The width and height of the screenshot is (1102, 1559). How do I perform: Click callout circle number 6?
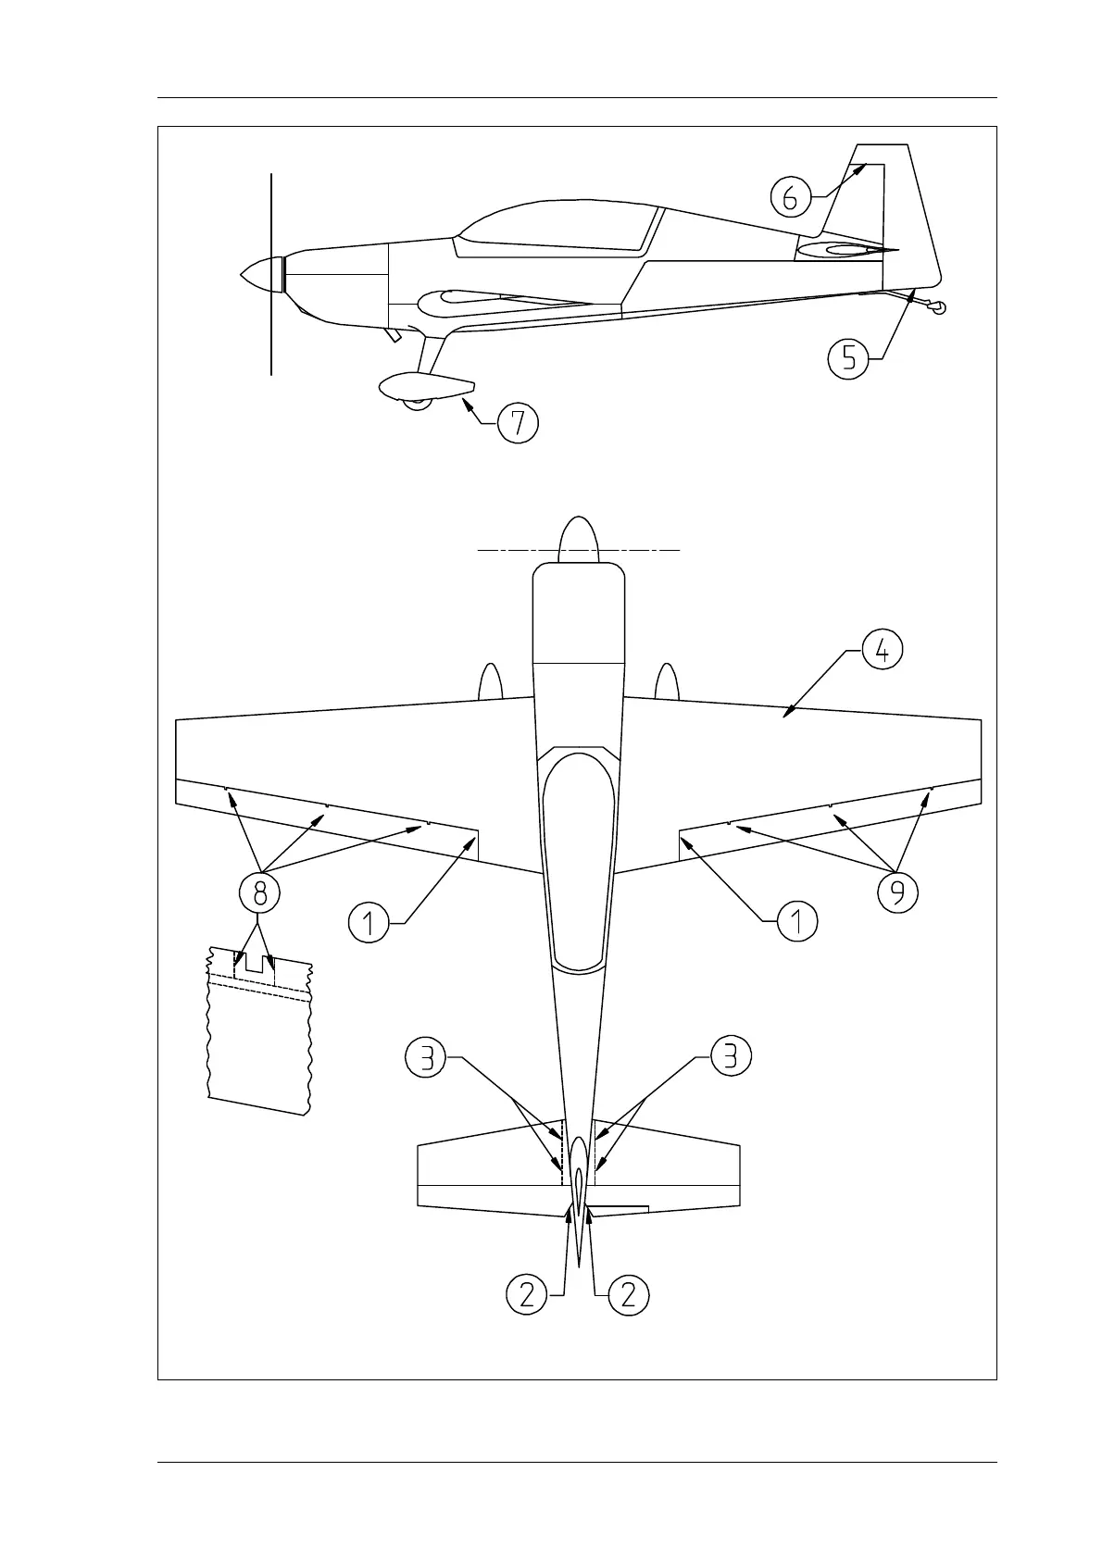(790, 196)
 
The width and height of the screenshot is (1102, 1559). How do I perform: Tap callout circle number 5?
(848, 358)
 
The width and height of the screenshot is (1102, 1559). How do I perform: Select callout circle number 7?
(518, 423)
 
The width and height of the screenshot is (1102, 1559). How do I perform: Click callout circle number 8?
(259, 892)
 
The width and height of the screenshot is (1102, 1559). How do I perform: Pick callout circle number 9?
(897, 892)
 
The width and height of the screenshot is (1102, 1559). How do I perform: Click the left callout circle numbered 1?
(369, 923)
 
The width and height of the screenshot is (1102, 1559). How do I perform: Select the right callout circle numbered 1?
(797, 922)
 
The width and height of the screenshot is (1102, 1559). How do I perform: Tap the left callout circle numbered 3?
(426, 1057)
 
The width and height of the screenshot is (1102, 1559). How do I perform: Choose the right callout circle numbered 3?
(731, 1057)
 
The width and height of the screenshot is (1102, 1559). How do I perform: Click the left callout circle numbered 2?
(526, 1293)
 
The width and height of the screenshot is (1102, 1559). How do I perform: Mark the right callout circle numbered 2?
(629, 1293)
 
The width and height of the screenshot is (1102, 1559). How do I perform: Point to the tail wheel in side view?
(939, 308)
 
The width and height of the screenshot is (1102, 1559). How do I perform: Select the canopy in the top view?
(578, 861)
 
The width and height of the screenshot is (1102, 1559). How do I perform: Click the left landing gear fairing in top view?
(490, 682)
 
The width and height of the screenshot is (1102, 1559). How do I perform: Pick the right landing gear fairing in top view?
(667, 682)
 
